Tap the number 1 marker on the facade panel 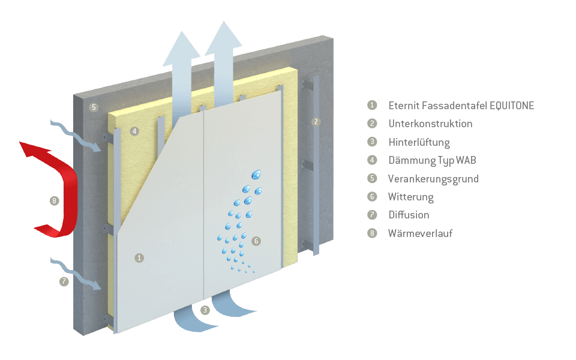(x=139, y=258)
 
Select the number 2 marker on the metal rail (x=316, y=122)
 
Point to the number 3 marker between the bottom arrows (x=205, y=310)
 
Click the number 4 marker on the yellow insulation (x=134, y=131)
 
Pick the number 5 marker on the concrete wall (x=93, y=108)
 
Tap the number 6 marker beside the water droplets (x=256, y=241)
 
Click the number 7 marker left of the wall (x=64, y=281)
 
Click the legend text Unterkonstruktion (x=430, y=124)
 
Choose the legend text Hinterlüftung (x=419, y=142)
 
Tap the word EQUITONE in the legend (x=512, y=106)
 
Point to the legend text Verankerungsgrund (x=433, y=179)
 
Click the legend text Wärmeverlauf (x=420, y=233)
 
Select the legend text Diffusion (x=409, y=215)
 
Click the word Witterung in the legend (x=410, y=197)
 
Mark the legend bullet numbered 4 (x=373, y=160)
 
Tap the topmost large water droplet (x=257, y=174)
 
